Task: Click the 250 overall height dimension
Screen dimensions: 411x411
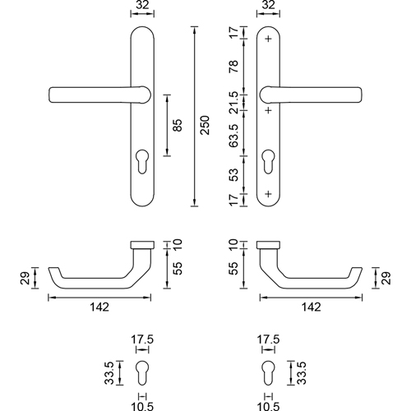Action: click(x=205, y=125)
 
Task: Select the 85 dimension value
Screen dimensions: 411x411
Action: click(x=178, y=125)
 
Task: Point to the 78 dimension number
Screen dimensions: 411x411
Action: click(x=233, y=67)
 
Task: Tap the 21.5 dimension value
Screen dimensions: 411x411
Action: click(x=233, y=103)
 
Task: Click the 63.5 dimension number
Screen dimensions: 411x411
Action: click(x=233, y=136)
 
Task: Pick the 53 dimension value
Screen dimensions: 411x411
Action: click(x=233, y=174)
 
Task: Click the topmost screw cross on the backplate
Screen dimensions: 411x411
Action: click(x=269, y=39)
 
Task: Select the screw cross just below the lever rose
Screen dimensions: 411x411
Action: click(x=269, y=110)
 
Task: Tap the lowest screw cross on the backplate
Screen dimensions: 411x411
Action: click(x=269, y=194)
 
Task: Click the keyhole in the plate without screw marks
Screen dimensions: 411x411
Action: click(x=142, y=161)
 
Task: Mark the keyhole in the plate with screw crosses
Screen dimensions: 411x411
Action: click(x=269, y=161)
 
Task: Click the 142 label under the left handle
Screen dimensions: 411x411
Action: click(x=99, y=307)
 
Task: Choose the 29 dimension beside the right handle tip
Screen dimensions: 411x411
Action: click(x=386, y=278)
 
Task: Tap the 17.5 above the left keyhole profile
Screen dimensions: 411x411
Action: click(x=142, y=339)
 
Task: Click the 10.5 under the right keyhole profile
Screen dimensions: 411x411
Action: click(x=269, y=406)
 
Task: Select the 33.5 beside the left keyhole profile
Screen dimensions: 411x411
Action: click(x=109, y=373)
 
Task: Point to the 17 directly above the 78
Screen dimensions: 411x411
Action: click(x=233, y=33)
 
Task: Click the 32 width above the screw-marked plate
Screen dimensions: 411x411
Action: click(x=269, y=5)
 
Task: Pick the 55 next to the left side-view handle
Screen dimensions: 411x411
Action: click(x=178, y=269)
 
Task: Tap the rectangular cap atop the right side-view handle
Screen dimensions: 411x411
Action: click(x=268, y=245)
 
